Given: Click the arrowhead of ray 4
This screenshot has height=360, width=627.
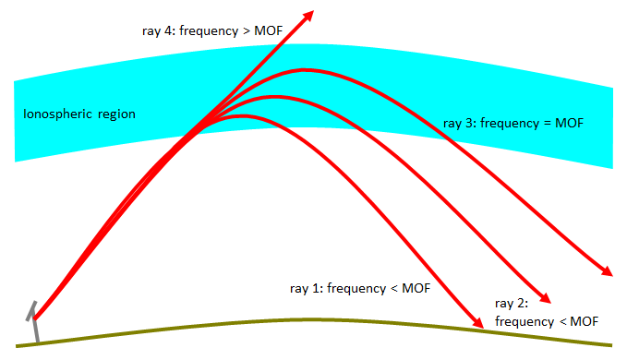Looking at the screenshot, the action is pos(308,15).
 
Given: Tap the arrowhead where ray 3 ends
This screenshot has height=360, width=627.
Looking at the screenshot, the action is pos(606,271).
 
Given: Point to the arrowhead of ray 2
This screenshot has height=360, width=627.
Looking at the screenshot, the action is pos(545,298).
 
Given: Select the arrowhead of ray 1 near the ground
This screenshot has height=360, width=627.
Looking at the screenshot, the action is pos(477,323).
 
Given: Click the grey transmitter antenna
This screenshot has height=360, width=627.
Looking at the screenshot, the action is pos(34,322).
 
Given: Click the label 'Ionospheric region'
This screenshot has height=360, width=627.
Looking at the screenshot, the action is pos(79,114).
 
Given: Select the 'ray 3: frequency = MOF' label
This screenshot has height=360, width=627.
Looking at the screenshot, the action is pos(514,123).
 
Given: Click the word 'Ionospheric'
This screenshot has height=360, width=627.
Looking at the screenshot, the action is pos(58,114).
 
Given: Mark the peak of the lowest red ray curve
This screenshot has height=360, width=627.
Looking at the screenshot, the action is pos(242,116).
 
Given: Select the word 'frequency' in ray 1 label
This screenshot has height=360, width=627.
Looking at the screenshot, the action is pos(360,288).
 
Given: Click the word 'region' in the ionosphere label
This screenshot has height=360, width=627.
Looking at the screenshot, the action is pos(116,114).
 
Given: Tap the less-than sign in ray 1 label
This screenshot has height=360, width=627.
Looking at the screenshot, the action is pos(392,288).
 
